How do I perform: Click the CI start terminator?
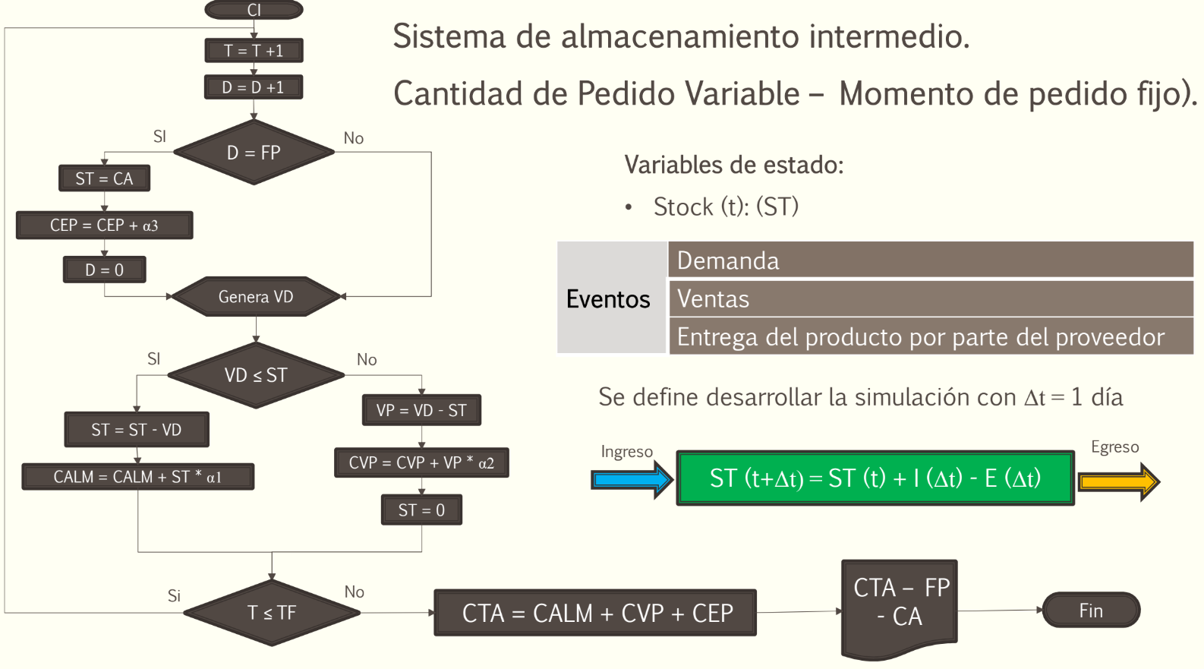pos(254,10)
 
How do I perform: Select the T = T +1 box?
pos(254,51)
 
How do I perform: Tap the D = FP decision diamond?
pos(254,152)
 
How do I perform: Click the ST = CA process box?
pos(104,178)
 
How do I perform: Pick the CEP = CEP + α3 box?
pos(104,225)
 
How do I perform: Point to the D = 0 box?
pos(104,270)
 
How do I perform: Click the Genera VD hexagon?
pos(256,296)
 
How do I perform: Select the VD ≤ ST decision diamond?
pos(256,375)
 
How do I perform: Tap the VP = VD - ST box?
pos(421,410)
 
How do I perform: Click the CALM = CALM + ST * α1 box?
pos(137,476)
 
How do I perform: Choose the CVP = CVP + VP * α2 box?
pos(421,462)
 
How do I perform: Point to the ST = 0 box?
pos(421,510)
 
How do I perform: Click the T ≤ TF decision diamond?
pos(272,613)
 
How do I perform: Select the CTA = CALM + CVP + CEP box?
pos(596,613)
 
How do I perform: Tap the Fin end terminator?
pos(1091,610)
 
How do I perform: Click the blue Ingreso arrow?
pos(632,480)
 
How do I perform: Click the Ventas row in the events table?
pos(931,298)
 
